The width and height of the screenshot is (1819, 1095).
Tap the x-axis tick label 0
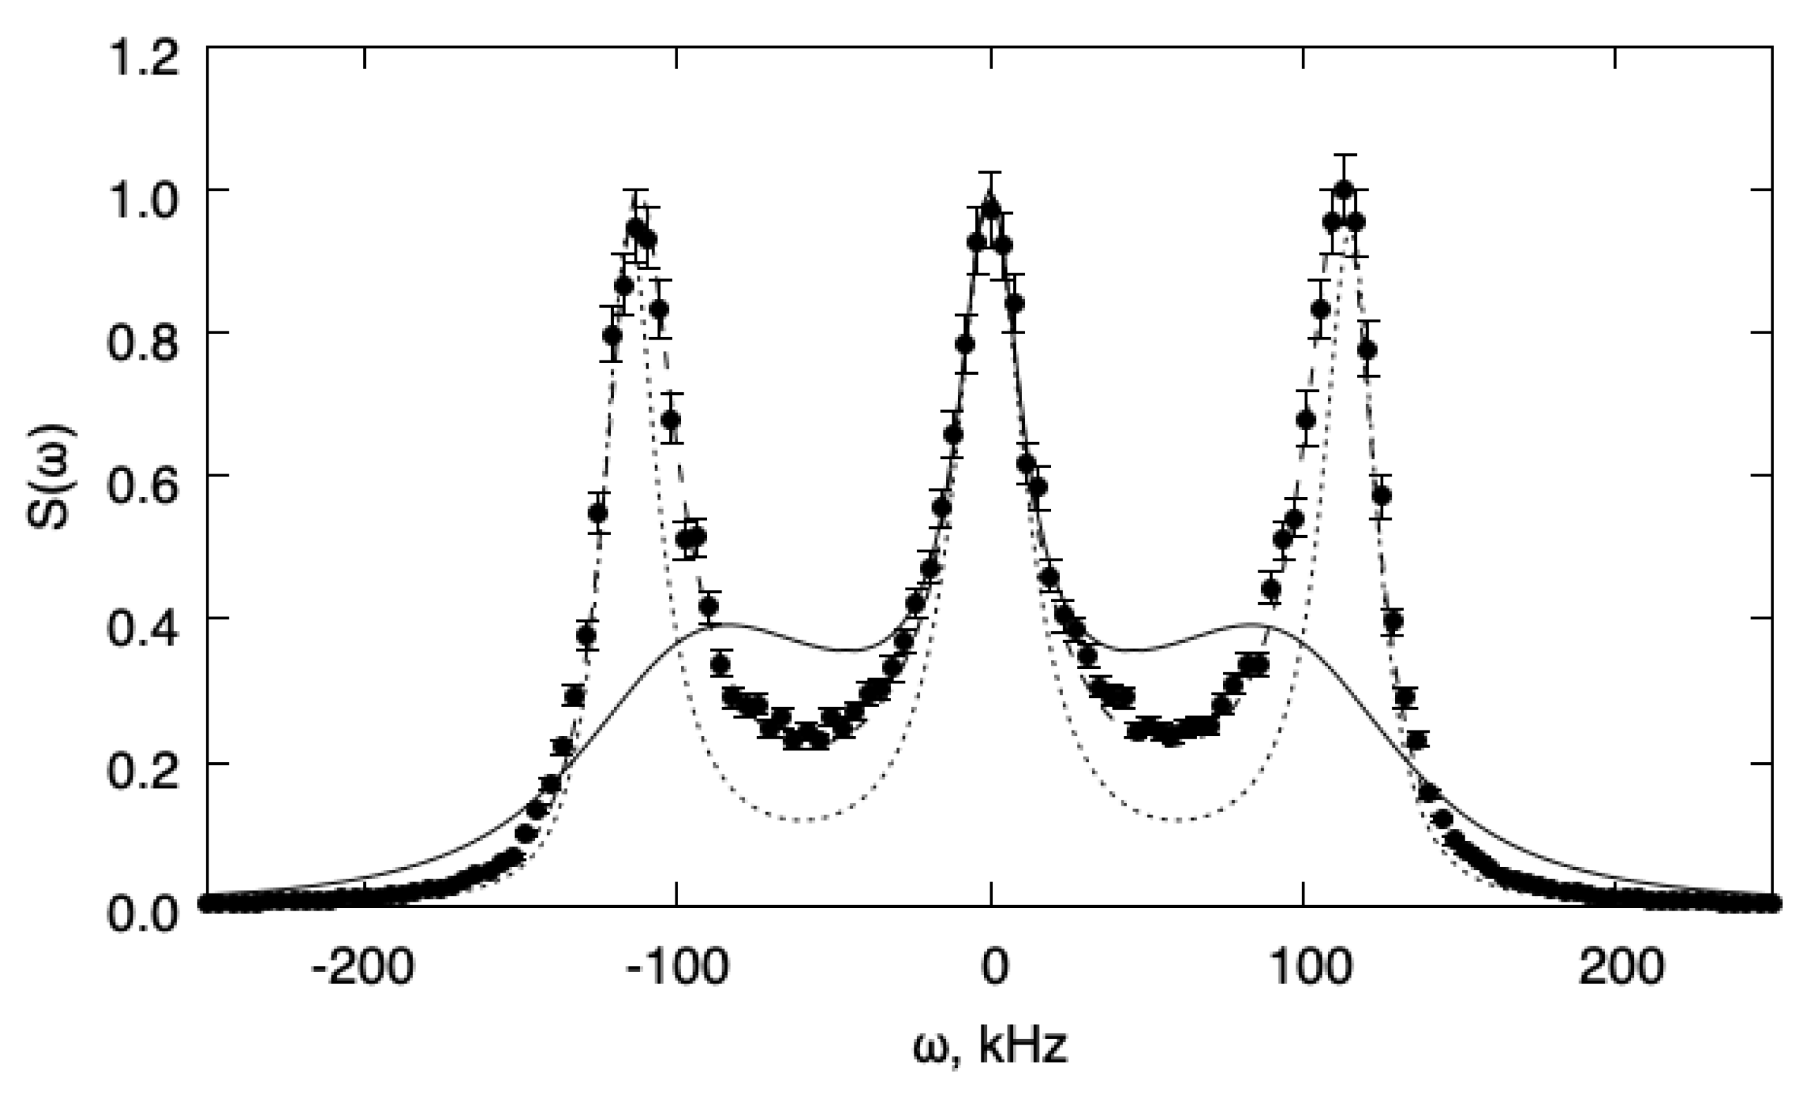(x=992, y=967)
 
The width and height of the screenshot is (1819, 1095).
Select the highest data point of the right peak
(x=1344, y=189)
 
